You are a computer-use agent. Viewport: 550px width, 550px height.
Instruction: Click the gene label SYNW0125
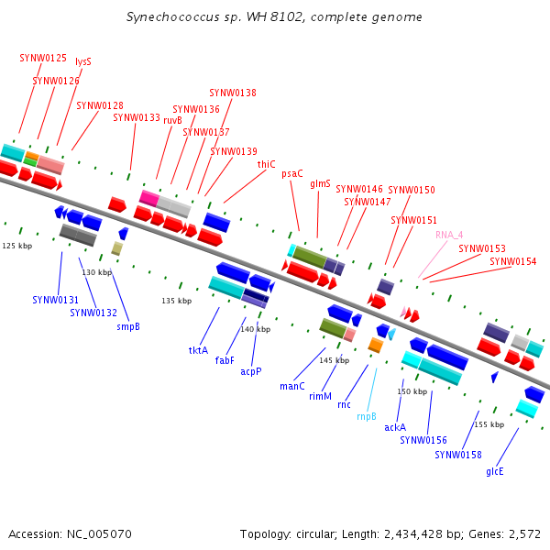point(43,58)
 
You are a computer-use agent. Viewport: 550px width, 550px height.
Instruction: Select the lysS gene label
point(83,62)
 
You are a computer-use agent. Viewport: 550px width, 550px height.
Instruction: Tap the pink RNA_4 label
point(449,235)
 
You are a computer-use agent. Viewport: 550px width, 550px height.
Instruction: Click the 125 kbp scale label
point(16,246)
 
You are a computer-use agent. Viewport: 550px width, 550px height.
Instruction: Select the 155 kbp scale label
point(489,424)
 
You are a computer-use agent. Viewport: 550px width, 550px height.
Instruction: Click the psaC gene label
point(292,173)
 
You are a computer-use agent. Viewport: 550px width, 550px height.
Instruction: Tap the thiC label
point(267,165)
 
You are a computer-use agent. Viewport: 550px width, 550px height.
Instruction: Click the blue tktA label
point(198,350)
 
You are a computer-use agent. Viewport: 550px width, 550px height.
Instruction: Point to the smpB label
point(128,326)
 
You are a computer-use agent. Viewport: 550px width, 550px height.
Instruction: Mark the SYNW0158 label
point(458,455)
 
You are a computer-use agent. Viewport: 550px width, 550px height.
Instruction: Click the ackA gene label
point(395,427)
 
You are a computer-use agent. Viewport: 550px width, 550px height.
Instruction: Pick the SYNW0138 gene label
point(233,93)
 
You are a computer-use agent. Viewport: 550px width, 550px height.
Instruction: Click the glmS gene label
point(320,183)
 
